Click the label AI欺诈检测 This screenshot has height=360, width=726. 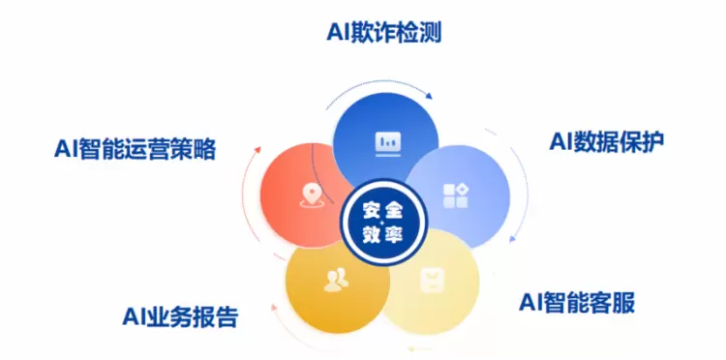pyautogui.click(x=384, y=33)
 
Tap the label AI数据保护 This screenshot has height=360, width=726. pyautogui.click(x=607, y=141)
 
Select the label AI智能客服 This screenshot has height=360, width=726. pyautogui.click(x=577, y=302)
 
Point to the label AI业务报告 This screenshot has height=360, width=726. pyautogui.click(x=181, y=316)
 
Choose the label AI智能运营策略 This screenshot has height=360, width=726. pyautogui.click(x=136, y=149)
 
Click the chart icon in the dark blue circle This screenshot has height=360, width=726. pyautogui.click(x=387, y=144)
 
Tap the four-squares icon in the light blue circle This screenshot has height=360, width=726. pyautogui.click(x=456, y=195)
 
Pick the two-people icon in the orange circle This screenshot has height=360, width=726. pyautogui.click(x=336, y=280)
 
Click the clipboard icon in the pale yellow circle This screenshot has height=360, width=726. pyautogui.click(x=432, y=281)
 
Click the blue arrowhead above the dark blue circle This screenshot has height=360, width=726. pyautogui.click(x=429, y=96)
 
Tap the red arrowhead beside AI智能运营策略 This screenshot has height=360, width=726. pyautogui.click(x=257, y=150)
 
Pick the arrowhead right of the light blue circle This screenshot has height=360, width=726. pyautogui.click(x=512, y=239)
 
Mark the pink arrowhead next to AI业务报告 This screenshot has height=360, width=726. pyautogui.click(x=274, y=307)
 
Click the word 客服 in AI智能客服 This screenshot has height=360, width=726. pyautogui.click(x=612, y=302)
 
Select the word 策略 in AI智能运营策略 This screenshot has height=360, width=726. pyautogui.click(x=194, y=149)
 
